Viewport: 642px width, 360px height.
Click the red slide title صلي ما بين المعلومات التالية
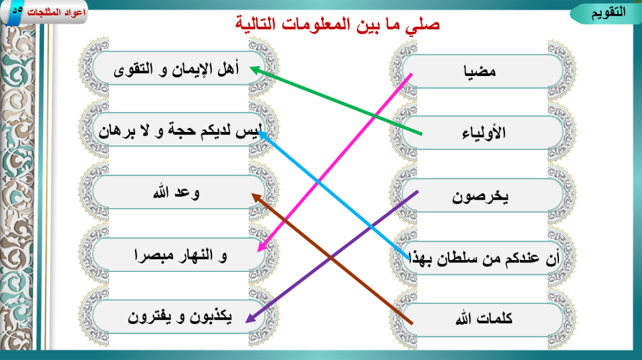[338, 24]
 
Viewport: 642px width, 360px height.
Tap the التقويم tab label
[608, 12]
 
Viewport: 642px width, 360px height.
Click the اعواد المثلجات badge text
[56, 12]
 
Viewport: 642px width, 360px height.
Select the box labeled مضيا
[483, 71]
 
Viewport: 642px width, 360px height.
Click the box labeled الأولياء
[483, 133]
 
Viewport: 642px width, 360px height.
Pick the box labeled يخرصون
[483, 195]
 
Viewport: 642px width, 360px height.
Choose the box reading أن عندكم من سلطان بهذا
[483, 258]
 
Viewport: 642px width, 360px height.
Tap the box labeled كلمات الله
[483, 320]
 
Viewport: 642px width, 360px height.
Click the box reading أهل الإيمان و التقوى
[179, 68]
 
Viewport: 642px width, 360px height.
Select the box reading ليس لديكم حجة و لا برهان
[179, 130]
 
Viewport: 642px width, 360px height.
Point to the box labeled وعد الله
[179, 193]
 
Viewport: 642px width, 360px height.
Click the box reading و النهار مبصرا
[179, 255]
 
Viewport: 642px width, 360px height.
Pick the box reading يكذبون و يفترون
[179, 316]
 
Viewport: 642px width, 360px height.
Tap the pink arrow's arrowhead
[262, 246]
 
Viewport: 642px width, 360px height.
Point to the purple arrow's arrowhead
[250, 318]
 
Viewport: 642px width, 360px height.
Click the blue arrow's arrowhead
[263, 135]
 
